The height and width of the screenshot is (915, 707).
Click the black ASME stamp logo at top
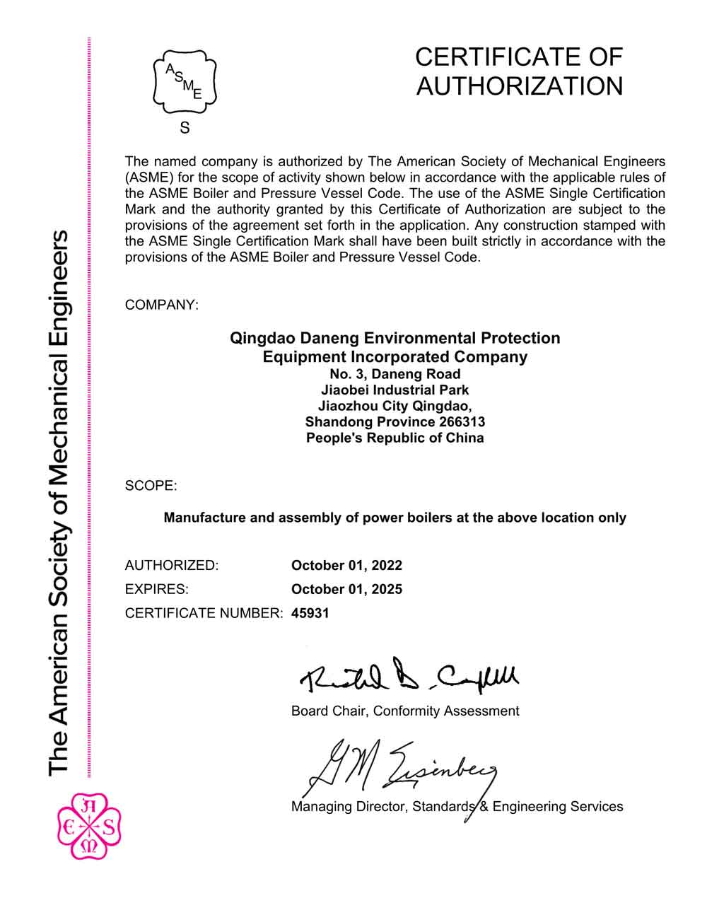click(x=185, y=82)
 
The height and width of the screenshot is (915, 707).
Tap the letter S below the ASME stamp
click(x=185, y=128)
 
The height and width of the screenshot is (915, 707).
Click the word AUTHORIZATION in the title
click(x=520, y=86)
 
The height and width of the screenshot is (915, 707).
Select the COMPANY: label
click(x=162, y=305)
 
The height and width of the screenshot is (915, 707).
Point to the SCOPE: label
click(x=151, y=486)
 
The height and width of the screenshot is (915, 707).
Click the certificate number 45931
click(x=310, y=613)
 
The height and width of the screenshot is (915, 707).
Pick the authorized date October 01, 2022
click(x=346, y=565)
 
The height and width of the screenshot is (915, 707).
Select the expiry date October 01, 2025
click(x=346, y=589)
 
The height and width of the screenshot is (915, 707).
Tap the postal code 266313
click(x=460, y=422)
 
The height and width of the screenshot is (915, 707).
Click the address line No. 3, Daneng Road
click(x=395, y=374)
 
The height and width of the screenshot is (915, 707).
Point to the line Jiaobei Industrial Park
click(x=395, y=390)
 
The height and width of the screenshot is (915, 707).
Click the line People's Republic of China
click(x=395, y=438)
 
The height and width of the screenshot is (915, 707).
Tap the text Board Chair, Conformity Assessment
click(x=405, y=711)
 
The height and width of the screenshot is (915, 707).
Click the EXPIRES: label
click(x=156, y=589)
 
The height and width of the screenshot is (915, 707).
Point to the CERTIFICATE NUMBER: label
click(x=204, y=613)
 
